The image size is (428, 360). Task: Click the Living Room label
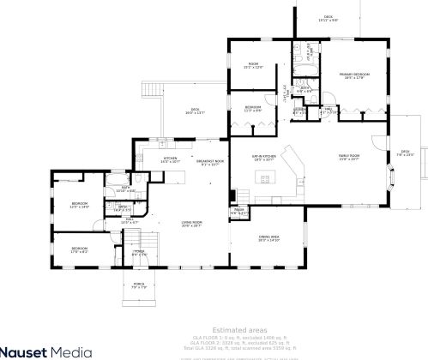(x=190, y=223)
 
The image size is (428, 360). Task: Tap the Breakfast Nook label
(x=210, y=162)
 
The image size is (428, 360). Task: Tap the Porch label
(x=140, y=284)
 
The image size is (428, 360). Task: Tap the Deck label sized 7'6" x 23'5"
(x=405, y=153)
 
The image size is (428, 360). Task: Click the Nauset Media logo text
(x=51, y=350)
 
